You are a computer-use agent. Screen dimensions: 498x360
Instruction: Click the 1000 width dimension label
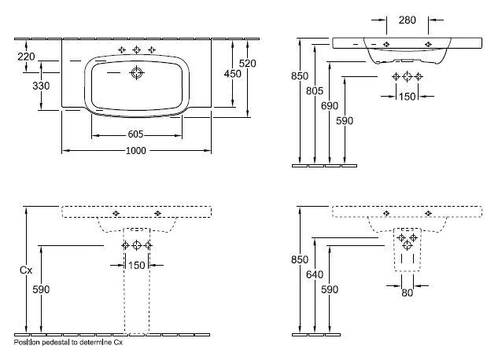(x=136, y=150)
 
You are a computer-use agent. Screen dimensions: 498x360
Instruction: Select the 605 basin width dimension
(x=135, y=134)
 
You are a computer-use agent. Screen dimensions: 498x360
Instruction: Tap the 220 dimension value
(x=26, y=57)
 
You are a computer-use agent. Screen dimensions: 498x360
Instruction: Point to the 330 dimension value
(x=41, y=86)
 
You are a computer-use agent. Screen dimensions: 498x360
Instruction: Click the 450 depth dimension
(x=233, y=74)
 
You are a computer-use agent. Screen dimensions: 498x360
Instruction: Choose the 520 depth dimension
(x=247, y=64)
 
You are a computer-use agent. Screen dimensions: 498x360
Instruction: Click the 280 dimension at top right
(x=408, y=20)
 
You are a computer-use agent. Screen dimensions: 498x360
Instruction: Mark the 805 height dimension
(x=315, y=90)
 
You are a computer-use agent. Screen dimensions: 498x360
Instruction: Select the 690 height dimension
(x=330, y=105)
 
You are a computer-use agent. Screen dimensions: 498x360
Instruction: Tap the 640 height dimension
(x=315, y=274)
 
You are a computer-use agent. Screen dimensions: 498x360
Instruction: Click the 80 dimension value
(x=408, y=292)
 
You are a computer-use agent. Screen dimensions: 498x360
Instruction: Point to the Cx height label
(x=26, y=270)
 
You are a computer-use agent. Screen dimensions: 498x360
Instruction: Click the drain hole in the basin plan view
(x=137, y=73)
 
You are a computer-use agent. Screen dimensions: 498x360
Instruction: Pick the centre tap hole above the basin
(x=137, y=50)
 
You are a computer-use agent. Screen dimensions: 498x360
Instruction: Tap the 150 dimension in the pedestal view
(x=137, y=265)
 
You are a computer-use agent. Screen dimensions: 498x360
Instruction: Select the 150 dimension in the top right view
(x=408, y=96)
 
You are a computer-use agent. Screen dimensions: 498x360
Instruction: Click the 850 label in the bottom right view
(x=300, y=259)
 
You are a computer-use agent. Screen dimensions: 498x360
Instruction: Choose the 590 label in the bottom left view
(x=41, y=289)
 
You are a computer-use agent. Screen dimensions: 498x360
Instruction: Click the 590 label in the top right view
(x=345, y=120)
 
